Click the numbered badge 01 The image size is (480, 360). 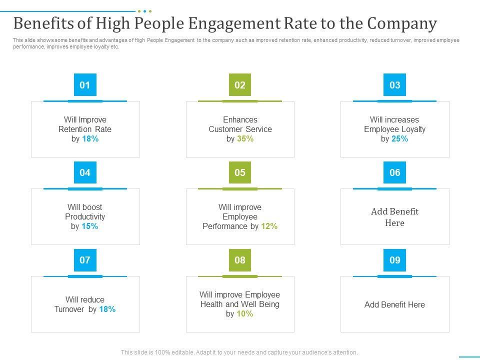pos(85,85)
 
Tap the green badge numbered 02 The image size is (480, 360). pos(240,85)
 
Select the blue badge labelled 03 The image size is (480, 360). pos(395,85)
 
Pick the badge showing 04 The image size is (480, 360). pos(85,172)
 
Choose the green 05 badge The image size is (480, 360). pos(240,172)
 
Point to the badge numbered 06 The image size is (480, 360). pos(395,172)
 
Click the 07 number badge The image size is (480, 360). pos(85,260)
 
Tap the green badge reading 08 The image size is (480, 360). pos(240,260)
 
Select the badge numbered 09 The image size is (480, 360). pos(395,260)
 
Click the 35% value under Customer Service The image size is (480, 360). pos(245,139)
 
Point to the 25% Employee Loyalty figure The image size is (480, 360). pos(400,139)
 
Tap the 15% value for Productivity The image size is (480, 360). pos(90,226)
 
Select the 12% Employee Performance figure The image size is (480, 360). pos(269,226)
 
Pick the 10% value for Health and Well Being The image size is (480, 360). pos(245,314)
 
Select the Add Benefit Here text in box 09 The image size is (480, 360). pos(395,304)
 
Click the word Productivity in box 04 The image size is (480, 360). pos(85,216)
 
